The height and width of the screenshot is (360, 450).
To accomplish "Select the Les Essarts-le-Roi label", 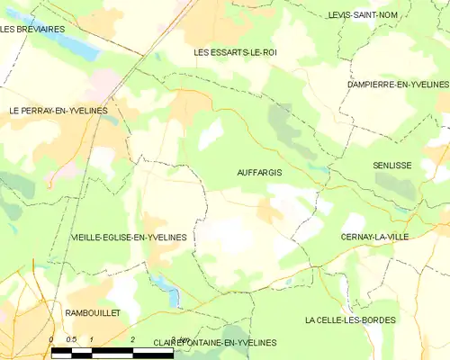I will [236, 53].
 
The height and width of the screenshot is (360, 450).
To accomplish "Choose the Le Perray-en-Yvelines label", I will [58, 111].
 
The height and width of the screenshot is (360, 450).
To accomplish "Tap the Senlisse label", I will [392, 166].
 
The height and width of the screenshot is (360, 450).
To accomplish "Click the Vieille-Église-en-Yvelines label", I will [129, 238].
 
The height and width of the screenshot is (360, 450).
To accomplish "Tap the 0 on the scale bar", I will [51, 339].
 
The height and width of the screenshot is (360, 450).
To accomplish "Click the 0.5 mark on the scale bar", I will [71, 339].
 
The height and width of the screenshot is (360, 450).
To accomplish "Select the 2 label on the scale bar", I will [133, 339].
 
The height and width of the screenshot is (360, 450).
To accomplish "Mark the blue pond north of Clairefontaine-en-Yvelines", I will [166, 288].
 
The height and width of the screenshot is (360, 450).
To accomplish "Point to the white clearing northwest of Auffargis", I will [210, 135].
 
